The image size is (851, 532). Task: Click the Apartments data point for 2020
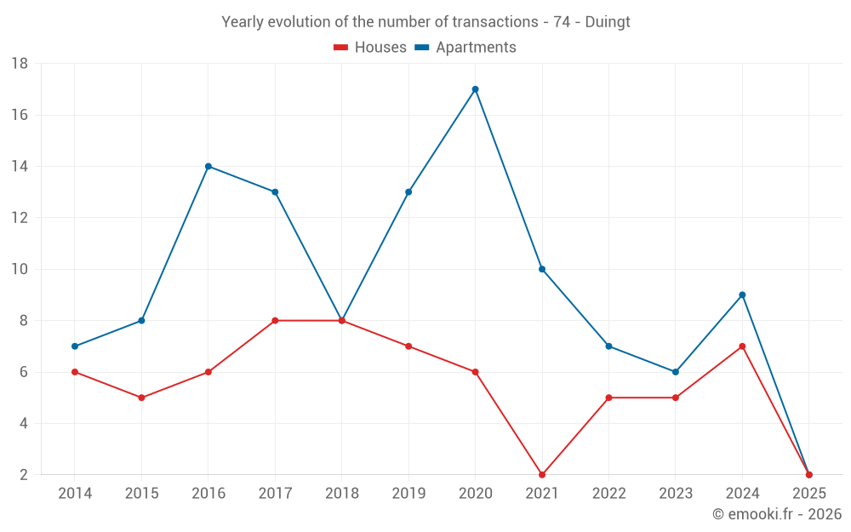475,89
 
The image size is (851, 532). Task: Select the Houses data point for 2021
542,475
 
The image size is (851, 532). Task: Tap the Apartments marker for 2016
208,166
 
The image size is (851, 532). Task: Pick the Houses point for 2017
275,321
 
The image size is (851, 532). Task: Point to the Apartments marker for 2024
742,295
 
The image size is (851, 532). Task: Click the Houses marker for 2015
141,398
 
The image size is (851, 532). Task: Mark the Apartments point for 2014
75,346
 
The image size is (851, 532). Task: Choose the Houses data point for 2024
742,346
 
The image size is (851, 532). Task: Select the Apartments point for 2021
542,269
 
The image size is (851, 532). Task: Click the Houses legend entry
370,48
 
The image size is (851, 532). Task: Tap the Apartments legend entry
465,48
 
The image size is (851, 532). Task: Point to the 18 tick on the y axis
20,64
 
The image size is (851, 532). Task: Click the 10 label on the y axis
20,269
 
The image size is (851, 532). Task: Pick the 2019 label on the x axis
408,494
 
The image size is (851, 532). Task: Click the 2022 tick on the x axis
608,494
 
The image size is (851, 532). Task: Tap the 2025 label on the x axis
808,494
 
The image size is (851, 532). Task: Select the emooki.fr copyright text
777,514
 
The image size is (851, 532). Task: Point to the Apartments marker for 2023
676,372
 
